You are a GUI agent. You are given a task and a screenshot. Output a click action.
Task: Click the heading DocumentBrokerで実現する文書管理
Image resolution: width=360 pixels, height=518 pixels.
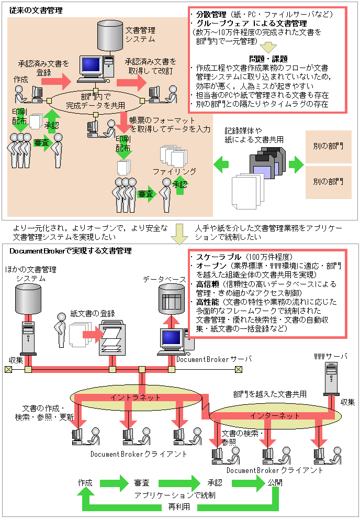71,251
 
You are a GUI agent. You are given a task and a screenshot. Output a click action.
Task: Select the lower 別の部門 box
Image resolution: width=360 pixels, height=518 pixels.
328,182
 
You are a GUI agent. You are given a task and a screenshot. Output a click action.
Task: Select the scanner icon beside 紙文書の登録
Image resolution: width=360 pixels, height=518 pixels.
113,340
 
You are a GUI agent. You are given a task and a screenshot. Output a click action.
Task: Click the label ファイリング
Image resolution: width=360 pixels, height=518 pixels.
174,171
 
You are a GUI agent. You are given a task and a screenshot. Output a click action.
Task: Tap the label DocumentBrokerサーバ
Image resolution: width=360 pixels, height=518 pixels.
214,359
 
